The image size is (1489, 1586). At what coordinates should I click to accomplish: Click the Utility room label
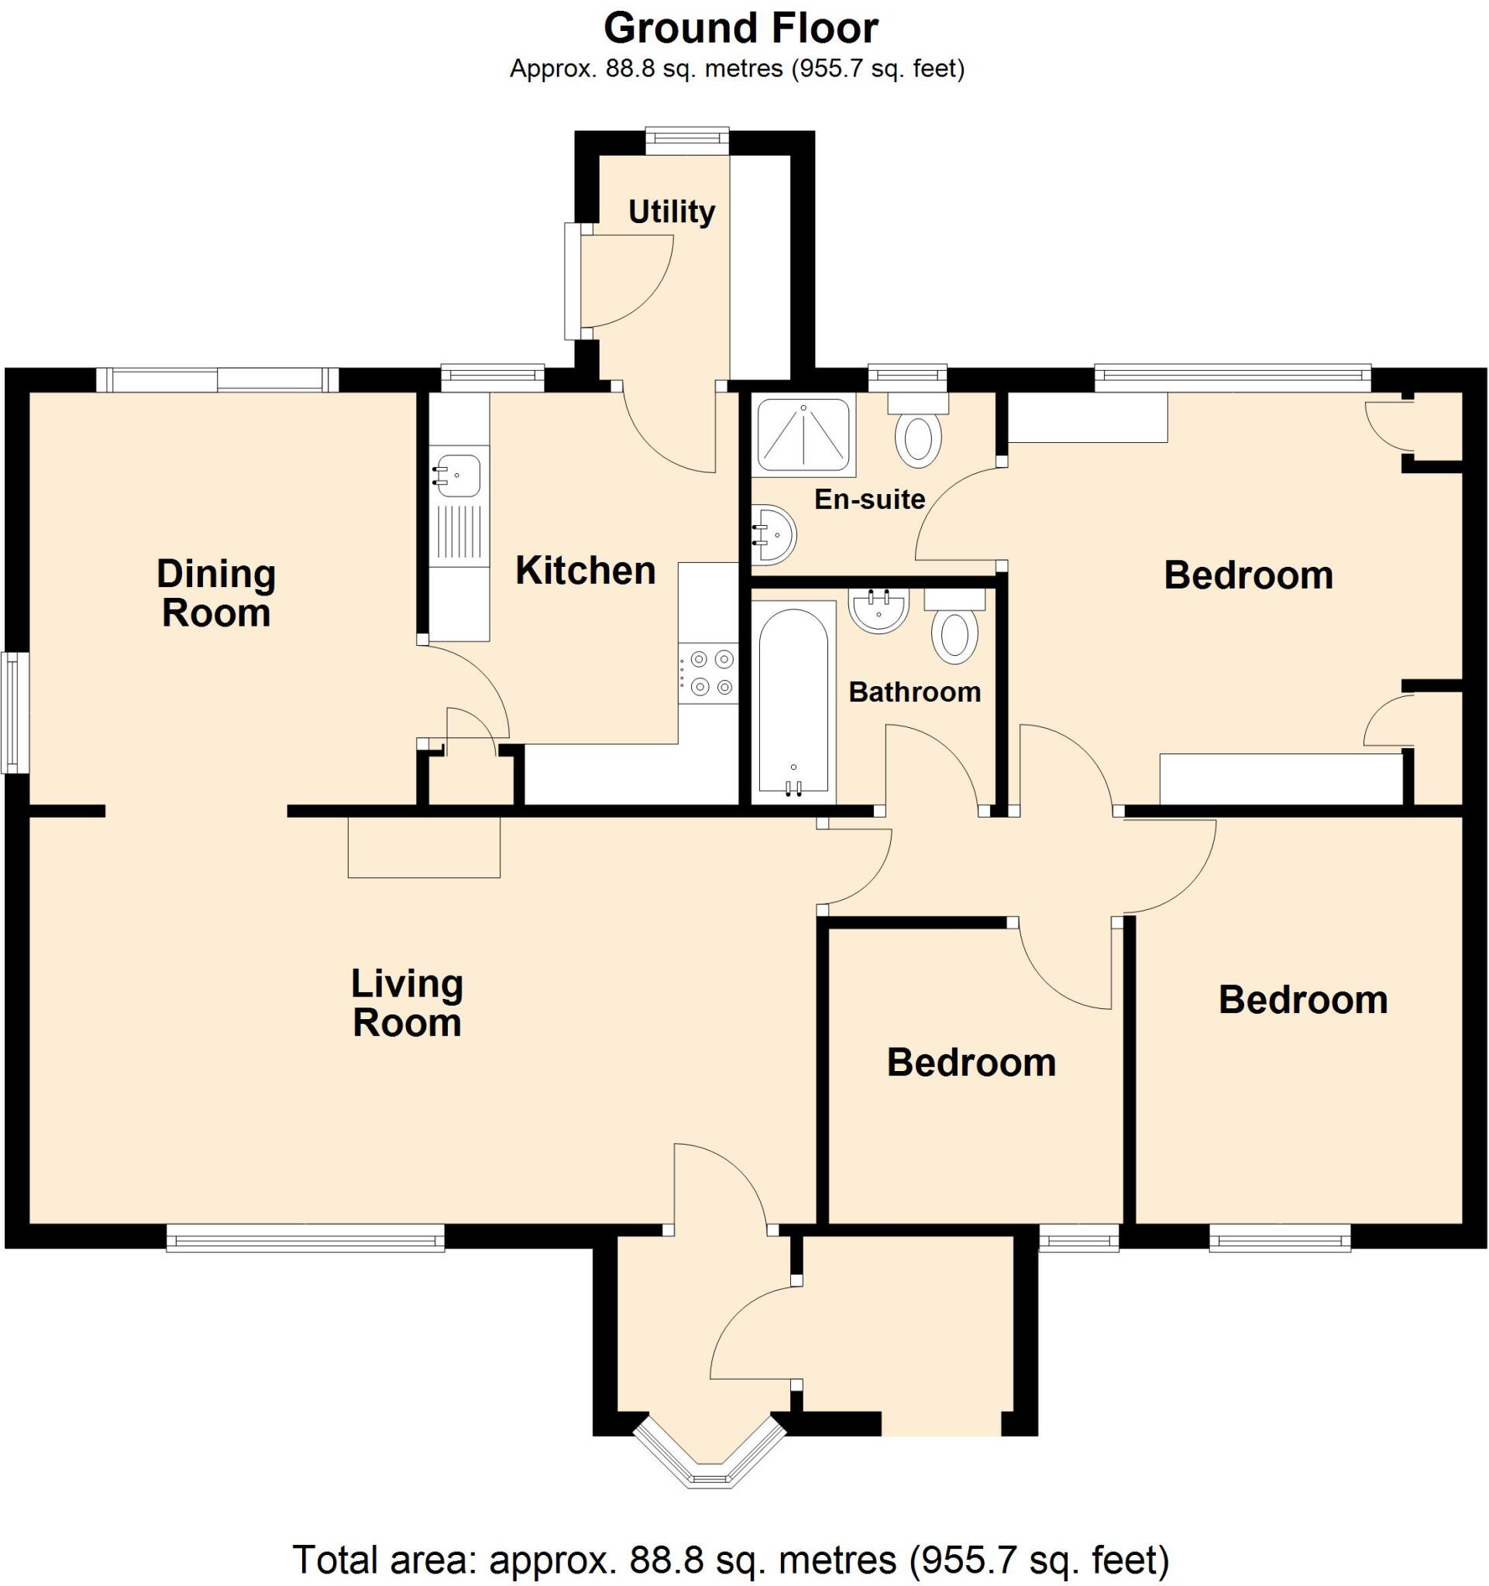point(671,212)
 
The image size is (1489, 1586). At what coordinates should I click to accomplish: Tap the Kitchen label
point(585,572)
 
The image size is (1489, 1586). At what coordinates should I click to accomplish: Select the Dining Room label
point(216,593)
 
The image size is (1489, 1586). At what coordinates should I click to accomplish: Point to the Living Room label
point(407,1003)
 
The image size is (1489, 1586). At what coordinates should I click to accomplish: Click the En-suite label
point(869,499)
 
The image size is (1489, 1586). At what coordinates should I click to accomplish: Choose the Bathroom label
point(914,692)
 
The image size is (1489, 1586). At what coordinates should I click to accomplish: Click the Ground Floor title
point(741,29)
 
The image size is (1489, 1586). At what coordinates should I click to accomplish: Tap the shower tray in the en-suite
point(803,434)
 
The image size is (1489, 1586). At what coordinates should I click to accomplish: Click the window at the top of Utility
point(687,142)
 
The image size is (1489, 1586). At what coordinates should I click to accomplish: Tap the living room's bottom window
point(304,1240)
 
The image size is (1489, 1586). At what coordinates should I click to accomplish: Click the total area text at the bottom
point(731,1559)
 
